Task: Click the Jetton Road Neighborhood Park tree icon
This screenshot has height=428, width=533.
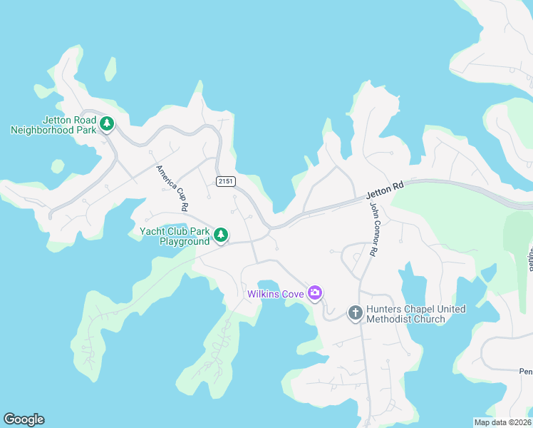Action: coord(107,124)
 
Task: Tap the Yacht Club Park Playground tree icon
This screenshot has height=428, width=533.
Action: coord(221,234)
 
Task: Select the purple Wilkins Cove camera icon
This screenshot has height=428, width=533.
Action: coord(315,292)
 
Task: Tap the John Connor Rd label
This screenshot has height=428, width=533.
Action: coord(372,229)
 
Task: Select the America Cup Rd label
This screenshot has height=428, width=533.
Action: coord(172,188)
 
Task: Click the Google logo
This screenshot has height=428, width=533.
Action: coord(24,419)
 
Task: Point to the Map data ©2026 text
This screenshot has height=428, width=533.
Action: coord(503,422)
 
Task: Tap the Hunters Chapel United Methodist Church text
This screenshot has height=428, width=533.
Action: coord(416,314)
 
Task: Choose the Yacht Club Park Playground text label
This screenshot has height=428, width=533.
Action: coord(175,236)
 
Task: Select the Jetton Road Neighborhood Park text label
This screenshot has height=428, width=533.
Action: coord(53,125)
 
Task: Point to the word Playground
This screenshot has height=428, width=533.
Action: coord(185,241)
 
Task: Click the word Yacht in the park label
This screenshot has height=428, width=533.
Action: coord(153,231)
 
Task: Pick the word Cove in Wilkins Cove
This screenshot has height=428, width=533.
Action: coord(294,293)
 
